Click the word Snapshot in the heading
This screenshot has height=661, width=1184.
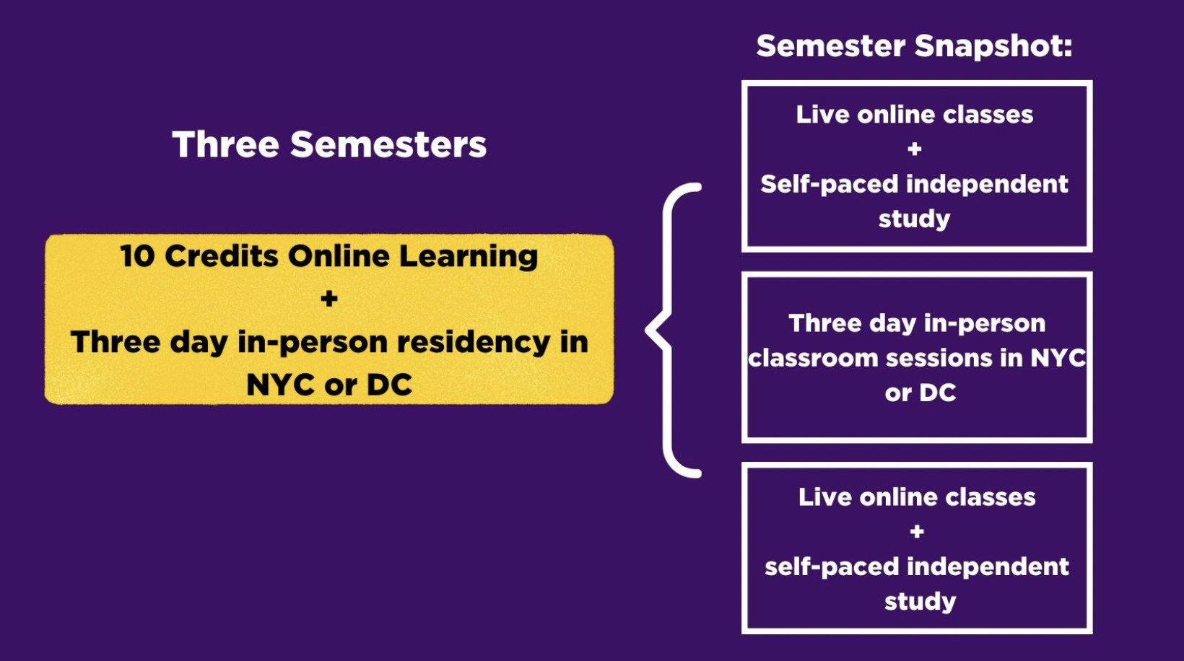pyautogui.click(x=993, y=46)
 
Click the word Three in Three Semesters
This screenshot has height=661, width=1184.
pyautogui.click(x=226, y=144)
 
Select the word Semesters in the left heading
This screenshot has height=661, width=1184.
pyautogui.click(x=388, y=144)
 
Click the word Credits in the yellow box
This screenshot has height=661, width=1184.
pyautogui.click(x=222, y=256)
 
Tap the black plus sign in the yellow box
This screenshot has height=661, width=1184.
pyautogui.click(x=328, y=299)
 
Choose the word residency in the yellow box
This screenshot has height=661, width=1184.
pyautogui.click(x=474, y=342)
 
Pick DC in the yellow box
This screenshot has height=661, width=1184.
pyautogui.click(x=390, y=385)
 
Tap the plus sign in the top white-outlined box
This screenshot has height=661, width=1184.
pyautogui.click(x=915, y=149)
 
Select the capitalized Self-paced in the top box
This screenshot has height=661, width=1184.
pyautogui.click(x=830, y=185)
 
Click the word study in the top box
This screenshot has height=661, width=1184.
pyautogui.click(x=915, y=219)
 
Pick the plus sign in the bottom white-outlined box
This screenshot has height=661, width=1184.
pyautogui.click(x=917, y=532)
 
